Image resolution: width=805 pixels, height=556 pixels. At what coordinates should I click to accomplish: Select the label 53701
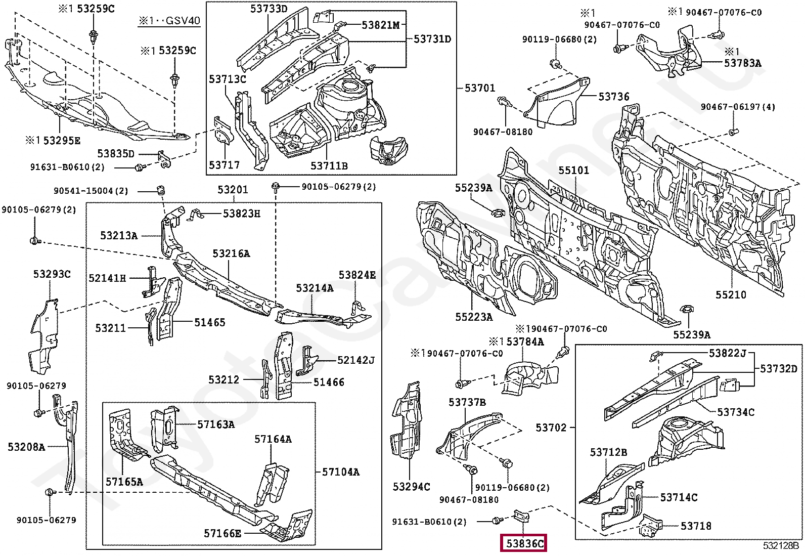tap(480, 88)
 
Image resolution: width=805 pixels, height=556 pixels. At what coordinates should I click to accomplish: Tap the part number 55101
tap(573, 170)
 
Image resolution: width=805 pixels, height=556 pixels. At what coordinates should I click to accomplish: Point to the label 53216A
tap(231, 253)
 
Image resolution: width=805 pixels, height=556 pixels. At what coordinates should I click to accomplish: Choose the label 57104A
tap(340, 472)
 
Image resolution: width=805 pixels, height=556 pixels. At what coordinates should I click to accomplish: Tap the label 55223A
tap(474, 317)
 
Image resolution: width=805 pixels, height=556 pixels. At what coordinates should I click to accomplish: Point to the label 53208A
tap(27, 447)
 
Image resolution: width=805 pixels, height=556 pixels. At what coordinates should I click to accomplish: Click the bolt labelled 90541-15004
tap(161, 190)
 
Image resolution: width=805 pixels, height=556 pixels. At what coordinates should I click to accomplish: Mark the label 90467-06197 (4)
tap(738, 107)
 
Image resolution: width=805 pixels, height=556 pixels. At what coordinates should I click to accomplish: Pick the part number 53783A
tap(742, 63)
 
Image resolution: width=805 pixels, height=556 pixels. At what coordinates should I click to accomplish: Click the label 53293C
tap(52, 274)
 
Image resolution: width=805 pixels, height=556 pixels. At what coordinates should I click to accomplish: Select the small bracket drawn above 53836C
tap(521, 517)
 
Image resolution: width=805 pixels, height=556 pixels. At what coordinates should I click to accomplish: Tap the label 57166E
tap(222, 533)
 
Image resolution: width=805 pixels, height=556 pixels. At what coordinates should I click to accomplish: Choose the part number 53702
tap(551, 427)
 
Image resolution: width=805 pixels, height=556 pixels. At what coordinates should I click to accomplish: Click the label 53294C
tap(412, 487)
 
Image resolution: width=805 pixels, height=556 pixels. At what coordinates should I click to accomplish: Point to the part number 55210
tap(731, 295)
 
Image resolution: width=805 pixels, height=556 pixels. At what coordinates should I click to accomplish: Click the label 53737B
tap(467, 402)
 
